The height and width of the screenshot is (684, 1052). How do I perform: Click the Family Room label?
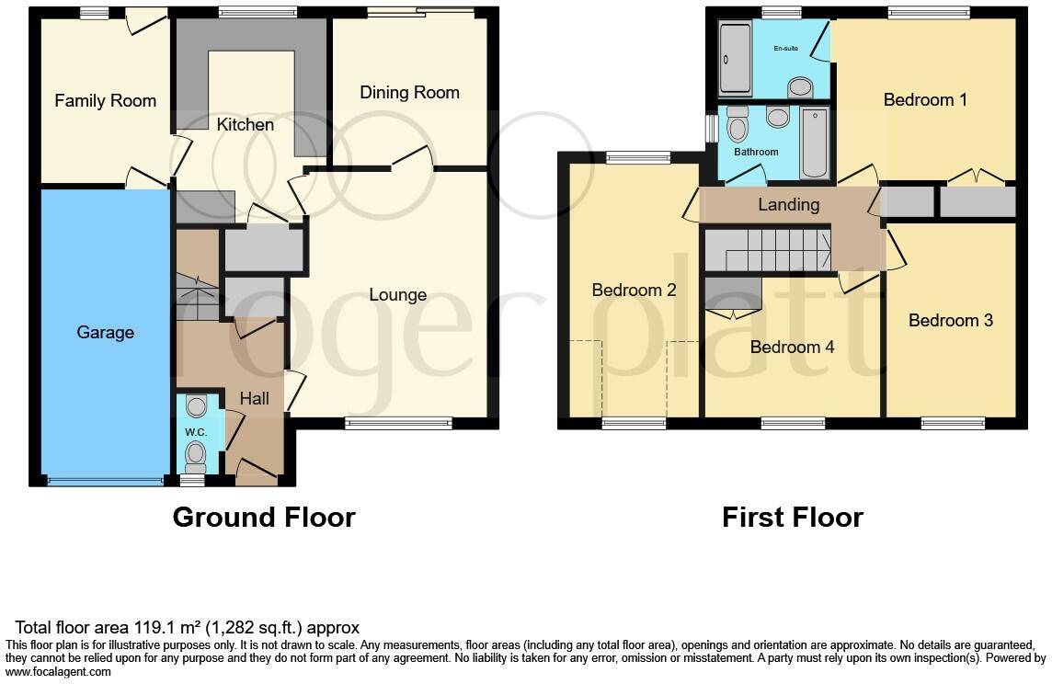(105, 101)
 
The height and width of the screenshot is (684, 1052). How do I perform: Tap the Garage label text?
(105, 333)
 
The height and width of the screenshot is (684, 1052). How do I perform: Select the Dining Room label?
(409, 93)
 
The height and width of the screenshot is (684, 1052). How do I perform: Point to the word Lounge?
(397, 295)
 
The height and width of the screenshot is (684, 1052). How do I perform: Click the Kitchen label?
(245, 124)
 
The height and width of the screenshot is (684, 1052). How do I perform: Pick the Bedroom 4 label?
(792, 348)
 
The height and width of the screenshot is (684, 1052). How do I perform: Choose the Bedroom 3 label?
(950, 321)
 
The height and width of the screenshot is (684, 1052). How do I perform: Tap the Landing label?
(788, 205)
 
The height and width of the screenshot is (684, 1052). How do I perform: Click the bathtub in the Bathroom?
(815, 142)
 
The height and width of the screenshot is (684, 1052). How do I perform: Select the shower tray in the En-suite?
(735, 59)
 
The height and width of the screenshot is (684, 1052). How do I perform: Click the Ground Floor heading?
(264, 518)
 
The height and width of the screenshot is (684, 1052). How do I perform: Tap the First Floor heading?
(792, 518)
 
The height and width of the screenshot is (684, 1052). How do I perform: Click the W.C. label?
(195, 432)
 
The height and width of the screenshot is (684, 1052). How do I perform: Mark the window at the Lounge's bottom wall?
(398, 424)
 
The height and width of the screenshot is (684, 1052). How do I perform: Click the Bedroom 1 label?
(925, 100)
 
